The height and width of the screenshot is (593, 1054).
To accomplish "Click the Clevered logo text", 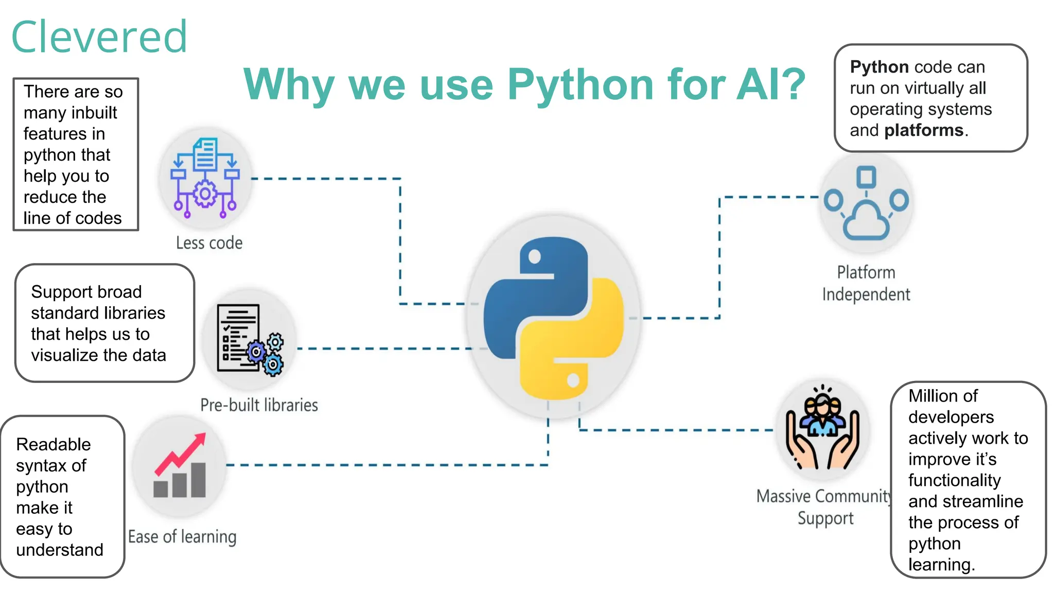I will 99,37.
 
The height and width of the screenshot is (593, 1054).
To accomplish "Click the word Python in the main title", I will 580,85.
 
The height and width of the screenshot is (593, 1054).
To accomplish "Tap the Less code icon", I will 205,178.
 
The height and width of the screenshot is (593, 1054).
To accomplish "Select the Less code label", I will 209,243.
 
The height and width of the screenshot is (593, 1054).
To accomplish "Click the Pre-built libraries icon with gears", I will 250,339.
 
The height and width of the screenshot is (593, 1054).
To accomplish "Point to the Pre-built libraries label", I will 259,405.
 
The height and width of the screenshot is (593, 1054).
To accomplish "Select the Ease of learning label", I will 182,537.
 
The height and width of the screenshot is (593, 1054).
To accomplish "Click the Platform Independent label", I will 866,283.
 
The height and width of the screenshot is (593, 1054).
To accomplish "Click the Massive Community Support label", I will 825,507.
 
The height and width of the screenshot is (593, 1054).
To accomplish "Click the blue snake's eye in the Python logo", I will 535,256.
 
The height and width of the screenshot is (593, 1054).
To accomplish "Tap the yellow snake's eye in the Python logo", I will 573,381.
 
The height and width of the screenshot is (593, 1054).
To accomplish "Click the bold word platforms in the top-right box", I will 924,130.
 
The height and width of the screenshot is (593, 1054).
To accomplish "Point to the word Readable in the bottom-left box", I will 54,444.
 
